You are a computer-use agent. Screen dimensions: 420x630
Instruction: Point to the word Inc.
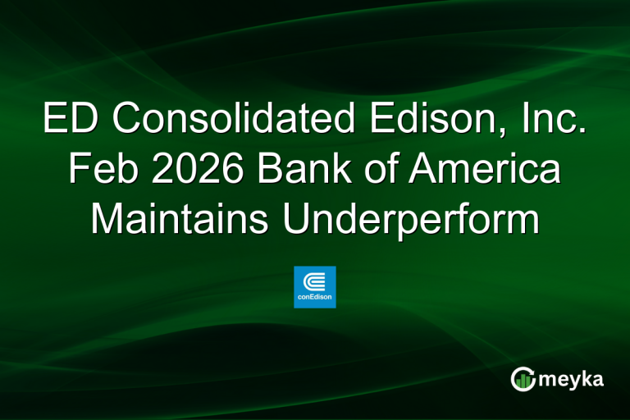(553, 120)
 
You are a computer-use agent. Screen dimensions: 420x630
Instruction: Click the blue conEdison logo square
(315, 286)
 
